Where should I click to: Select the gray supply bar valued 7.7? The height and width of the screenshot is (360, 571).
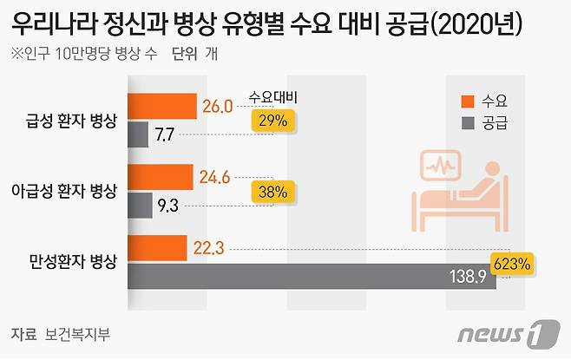[139, 134]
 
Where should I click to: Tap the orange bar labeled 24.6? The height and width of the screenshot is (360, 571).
[161, 177]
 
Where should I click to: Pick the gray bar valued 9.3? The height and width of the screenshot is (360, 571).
[141, 206]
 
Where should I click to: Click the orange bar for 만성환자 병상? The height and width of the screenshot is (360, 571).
[158, 248]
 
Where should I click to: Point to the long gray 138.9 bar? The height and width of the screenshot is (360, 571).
[312, 277]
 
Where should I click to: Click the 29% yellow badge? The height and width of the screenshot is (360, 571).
[272, 121]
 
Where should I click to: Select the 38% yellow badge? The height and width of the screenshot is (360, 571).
[272, 192]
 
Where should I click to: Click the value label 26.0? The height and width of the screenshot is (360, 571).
[217, 106]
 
